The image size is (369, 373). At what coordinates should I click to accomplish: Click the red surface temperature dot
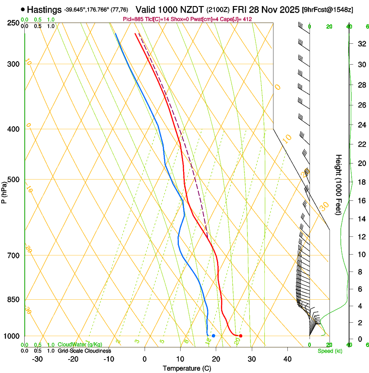click(241, 336)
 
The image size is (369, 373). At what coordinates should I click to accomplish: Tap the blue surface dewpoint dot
click(214, 336)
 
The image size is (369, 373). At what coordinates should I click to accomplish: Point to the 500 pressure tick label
click(13, 180)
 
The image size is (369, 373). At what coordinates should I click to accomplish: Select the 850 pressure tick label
click(13, 300)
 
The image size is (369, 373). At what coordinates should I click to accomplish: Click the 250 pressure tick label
click(13, 23)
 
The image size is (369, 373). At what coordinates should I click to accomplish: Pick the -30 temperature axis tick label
click(37, 359)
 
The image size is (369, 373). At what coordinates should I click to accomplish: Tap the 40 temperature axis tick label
click(287, 359)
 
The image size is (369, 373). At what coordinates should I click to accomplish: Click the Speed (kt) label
click(329, 351)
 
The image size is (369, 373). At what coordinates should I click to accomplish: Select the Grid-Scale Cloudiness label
click(84, 350)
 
